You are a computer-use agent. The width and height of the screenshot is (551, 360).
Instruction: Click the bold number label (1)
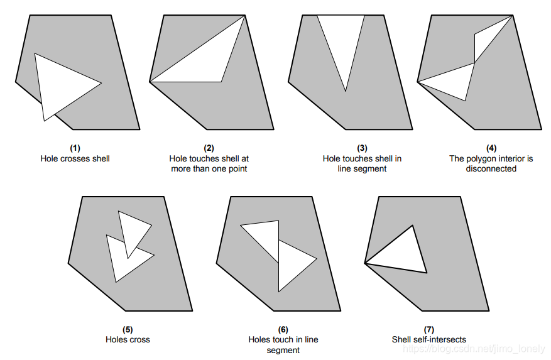75,148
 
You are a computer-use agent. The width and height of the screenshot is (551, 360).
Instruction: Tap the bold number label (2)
209,148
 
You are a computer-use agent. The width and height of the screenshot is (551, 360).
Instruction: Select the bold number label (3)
362,148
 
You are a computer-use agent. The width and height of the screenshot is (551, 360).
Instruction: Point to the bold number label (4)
491,148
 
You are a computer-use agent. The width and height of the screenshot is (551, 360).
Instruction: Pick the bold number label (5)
128,329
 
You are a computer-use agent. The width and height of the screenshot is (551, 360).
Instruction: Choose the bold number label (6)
283,329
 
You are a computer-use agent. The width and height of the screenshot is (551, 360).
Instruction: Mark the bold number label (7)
429,329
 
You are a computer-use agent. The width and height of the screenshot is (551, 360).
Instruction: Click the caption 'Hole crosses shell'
75,159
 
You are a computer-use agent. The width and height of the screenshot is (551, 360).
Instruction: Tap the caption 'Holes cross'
128,340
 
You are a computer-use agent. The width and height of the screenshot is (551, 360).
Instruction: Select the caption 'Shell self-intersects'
429,340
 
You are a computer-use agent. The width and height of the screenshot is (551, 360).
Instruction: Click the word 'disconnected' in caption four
491,169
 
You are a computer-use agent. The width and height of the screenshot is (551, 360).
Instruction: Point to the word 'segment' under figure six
283,350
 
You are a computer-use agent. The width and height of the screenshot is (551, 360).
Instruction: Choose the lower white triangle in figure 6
292,264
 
